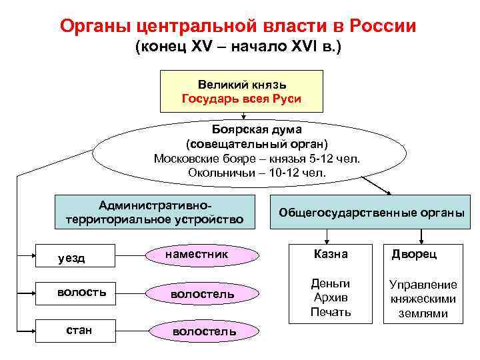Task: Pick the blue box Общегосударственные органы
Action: coord(371,213)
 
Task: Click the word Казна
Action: coord(331,255)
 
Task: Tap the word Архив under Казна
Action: coord(331,297)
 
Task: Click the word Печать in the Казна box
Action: coord(331,311)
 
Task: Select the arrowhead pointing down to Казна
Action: coord(327,240)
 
